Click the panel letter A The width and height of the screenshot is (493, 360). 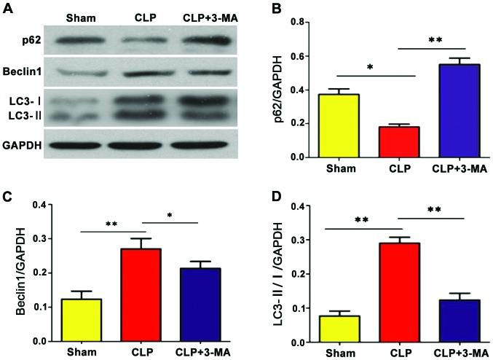click(8, 8)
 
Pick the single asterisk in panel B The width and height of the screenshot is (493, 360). click(370, 67)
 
